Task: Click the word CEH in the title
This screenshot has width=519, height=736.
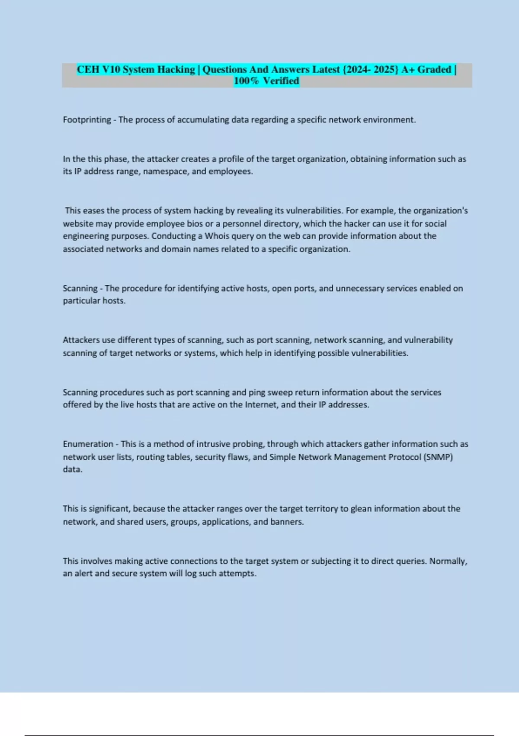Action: (88, 70)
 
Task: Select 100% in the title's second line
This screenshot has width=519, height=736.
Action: (246, 81)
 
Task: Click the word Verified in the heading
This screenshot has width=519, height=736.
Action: (281, 81)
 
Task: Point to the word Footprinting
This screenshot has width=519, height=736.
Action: (87, 120)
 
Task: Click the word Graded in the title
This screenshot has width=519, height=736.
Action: (434, 70)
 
